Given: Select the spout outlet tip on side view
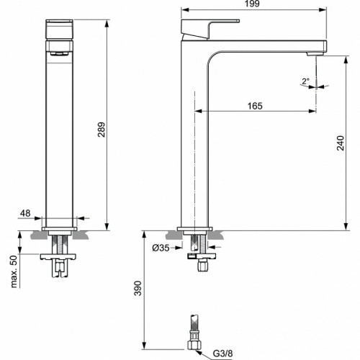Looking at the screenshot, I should [x=317, y=53].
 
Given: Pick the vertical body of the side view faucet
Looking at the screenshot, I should [x=193, y=144].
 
